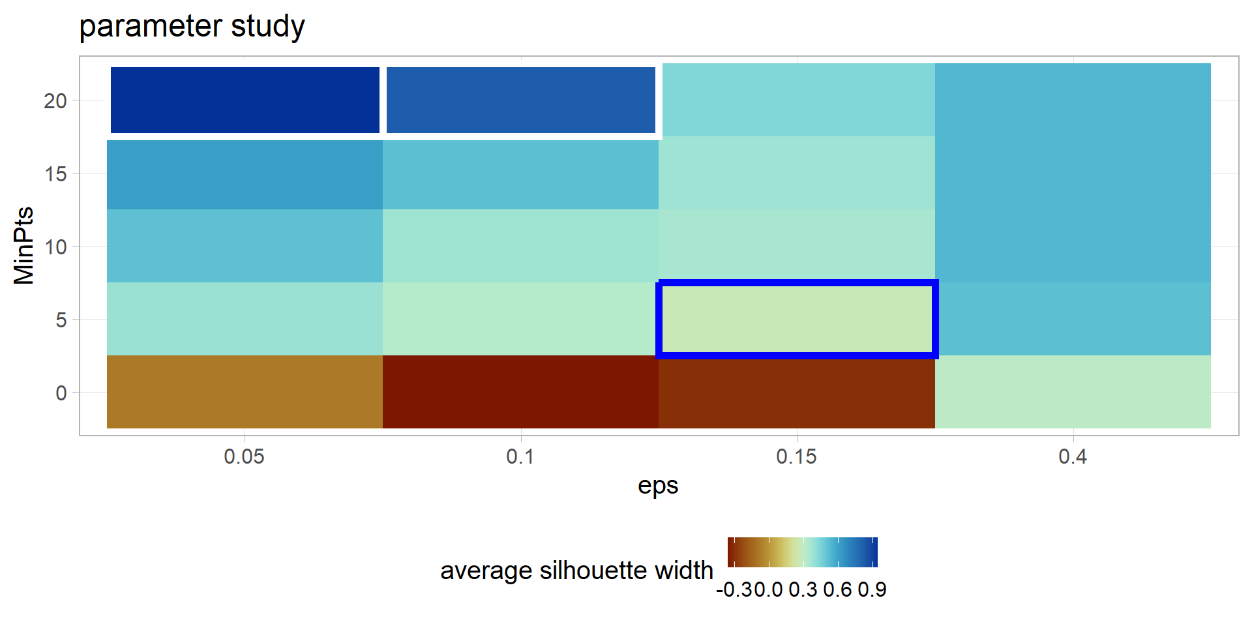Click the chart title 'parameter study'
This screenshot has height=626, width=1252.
[x=192, y=27]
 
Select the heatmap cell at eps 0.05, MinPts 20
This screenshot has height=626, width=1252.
[x=245, y=100]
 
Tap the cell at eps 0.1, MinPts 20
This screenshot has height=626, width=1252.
[x=520, y=100]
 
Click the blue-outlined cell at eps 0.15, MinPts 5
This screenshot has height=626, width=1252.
[x=797, y=320]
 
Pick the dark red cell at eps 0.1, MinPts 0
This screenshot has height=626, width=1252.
[x=520, y=392]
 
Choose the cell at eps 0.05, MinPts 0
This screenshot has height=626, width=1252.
[x=245, y=392]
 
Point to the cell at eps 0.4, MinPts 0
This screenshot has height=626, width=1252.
[x=1073, y=392]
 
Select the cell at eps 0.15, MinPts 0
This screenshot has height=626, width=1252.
[x=797, y=392]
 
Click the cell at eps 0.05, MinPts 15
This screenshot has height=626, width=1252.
[x=245, y=174]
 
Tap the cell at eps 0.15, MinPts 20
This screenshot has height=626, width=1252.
[x=797, y=100]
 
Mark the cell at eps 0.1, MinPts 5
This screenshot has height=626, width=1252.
[x=520, y=319]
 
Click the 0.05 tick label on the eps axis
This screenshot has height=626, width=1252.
[x=245, y=456]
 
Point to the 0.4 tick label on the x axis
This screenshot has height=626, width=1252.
[x=1073, y=456]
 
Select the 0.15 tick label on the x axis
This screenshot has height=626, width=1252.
[x=797, y=456]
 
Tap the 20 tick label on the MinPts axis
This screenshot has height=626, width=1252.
[x=55, y=101]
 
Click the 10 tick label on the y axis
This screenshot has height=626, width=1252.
[x=55, y=247]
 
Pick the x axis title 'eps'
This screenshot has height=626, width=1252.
[x=658, y=486]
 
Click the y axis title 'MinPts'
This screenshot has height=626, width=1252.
[x=24, y=246]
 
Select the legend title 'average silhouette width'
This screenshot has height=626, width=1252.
[x=576, y=571]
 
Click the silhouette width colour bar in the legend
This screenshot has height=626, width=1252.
[x=802, y=552]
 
